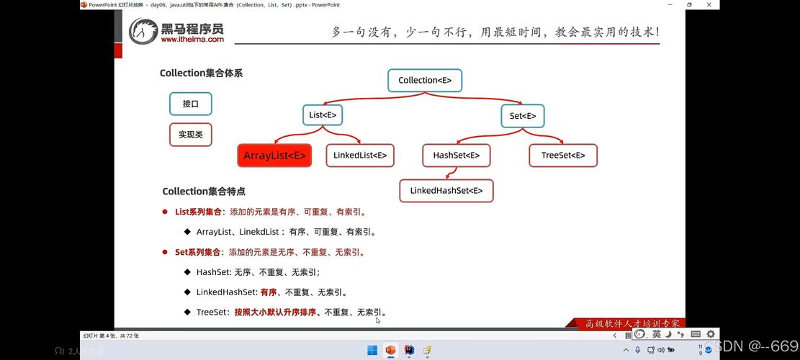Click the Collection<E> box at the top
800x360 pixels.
click(x=425, y=80)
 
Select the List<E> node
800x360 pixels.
click(x=322, y=115)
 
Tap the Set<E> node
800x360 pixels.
click(x=522, y=116)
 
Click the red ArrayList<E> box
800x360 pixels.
click(x=274, y=156)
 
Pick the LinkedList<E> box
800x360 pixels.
click(x=360, y=155)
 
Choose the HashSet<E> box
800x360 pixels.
click(x=456, y=155)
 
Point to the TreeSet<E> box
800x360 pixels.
click(x=563, y=155)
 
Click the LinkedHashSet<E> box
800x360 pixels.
click(x=446, y=191)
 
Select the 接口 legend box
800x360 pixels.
click(x=191, y=104)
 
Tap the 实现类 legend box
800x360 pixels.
click(x=191, y=135)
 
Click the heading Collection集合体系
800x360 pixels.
click(x=201, y=73)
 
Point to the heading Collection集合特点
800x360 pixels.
click(x=204, y=192)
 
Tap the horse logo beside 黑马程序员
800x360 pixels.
click(x=143, y=31)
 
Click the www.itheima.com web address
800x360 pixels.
click(x=192, y=40)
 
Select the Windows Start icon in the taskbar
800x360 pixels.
click(x=372, y=351)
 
